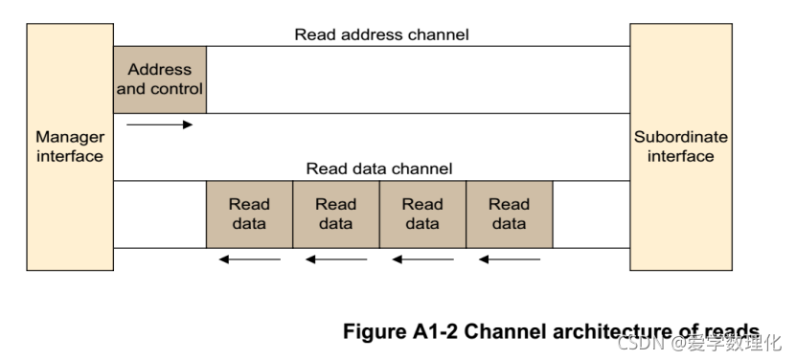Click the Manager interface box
point(70,146)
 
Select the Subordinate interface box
point(681,146)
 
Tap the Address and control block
point(160,79)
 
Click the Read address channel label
point(382,34)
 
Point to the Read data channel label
point(379,169)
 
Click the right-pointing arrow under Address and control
point(159,124)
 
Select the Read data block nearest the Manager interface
point(249,214)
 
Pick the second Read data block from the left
point(336,214)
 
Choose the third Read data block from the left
point(422,214)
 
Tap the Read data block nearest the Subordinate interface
point(510,214)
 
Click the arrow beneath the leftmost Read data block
point(250,259)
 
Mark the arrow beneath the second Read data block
point(336,259)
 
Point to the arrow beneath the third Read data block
point(423,259)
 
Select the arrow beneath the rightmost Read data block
point(510,259)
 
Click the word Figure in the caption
point(375,332)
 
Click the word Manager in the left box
point(70,137)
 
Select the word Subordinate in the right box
point(681,137)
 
